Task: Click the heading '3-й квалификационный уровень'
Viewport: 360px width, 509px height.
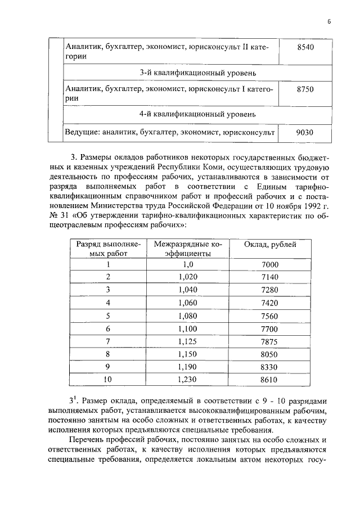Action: [191, 73]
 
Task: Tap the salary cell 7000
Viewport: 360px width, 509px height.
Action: [270, 264]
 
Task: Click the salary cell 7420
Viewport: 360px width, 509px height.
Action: [270, 303]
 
